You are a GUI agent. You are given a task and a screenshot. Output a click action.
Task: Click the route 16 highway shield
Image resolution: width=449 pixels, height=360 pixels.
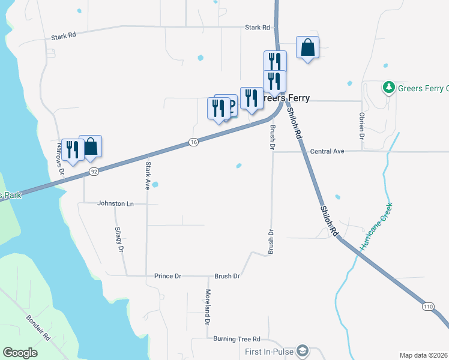coord(193,142)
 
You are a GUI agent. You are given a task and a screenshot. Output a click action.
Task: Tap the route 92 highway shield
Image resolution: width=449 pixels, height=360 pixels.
coord(94,172)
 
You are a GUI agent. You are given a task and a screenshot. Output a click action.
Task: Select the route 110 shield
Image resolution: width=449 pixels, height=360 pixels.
coord(427,305)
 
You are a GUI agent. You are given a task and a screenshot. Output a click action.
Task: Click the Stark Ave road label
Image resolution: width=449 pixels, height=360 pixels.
coord(147,175)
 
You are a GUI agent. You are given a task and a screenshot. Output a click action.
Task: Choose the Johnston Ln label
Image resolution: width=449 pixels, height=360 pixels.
coord(115,203)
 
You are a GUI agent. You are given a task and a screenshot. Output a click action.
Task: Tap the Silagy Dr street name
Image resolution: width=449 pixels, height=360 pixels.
coord(119,239)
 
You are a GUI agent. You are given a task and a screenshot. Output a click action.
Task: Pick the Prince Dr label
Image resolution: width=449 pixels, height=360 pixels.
coord(167,276)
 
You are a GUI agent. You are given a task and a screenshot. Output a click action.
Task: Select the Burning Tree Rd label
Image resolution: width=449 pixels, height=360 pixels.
coord(237,338)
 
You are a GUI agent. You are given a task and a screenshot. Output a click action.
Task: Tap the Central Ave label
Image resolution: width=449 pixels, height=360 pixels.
coord(327,151)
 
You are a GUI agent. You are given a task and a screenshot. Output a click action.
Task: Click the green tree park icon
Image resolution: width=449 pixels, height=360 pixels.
coord(389,88)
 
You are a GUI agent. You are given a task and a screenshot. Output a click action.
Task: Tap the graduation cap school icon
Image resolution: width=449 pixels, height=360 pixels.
coord(303,350)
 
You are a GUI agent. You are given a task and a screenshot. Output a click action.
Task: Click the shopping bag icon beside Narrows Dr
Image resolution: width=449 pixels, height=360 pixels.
coord(90,146)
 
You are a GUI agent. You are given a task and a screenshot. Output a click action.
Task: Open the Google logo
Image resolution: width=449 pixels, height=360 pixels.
coord(20,353)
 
